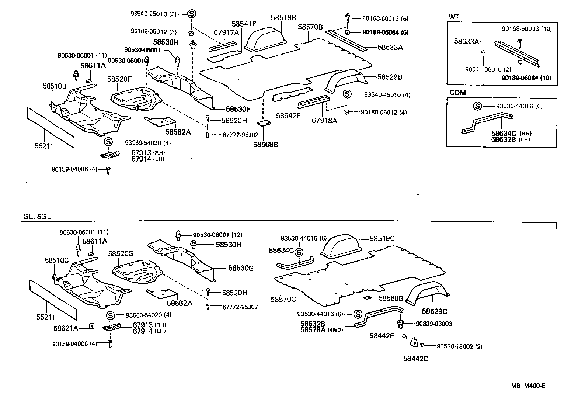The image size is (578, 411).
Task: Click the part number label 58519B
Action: (284, 17)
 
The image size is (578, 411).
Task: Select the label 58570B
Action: (310, 27)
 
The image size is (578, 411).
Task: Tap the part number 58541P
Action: (244, 24)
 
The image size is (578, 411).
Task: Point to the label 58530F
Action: (238, 109)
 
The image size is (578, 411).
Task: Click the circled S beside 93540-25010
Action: (192, 14)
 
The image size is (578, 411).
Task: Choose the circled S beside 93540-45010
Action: (347, 94)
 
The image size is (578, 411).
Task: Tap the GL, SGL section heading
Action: (36, 217)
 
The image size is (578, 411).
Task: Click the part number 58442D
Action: (416, 358)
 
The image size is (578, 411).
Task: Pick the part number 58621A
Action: (66, 328)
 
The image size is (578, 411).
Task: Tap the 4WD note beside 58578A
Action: (335, 330)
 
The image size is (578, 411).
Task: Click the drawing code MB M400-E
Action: (528, 386)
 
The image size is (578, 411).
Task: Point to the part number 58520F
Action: (120, 79)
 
